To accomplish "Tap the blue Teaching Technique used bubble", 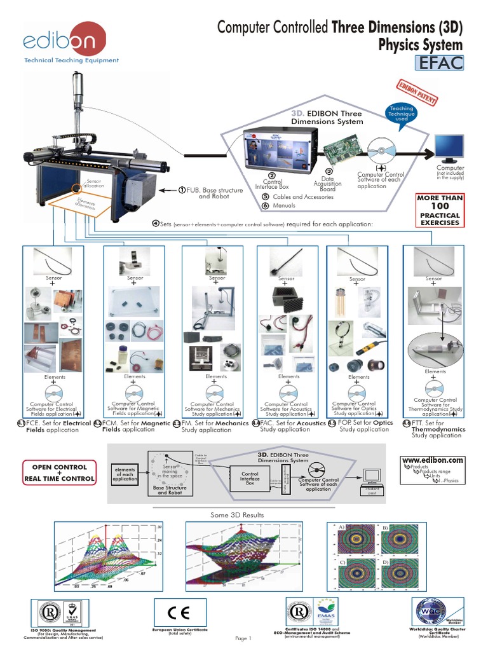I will pyautogui.click(x=401, y=114).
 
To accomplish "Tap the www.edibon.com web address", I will pyautogui.click(x=433, y=460).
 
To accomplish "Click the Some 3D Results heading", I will pyautogui.click(x=236, y=514).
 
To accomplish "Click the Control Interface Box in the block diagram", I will pyautogui.click(x=249, y=477).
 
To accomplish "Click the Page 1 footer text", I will pyautogui.click(x=244, y=638).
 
